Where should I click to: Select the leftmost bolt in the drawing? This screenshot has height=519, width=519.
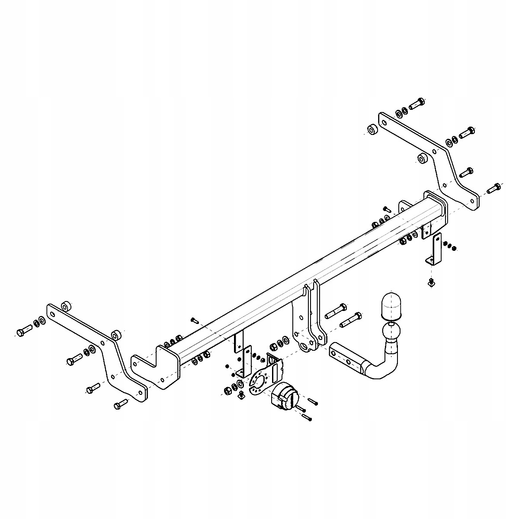pyautogui.click(x=23, y=332)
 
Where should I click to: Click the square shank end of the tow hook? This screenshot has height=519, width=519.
pyautogui.click(x=342, y=352)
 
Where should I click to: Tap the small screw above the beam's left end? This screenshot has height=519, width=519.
pyautogui.click(x=194, y=320)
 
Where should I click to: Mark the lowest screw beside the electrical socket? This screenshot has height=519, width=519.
pyautogui.click(x=307, y=417)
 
